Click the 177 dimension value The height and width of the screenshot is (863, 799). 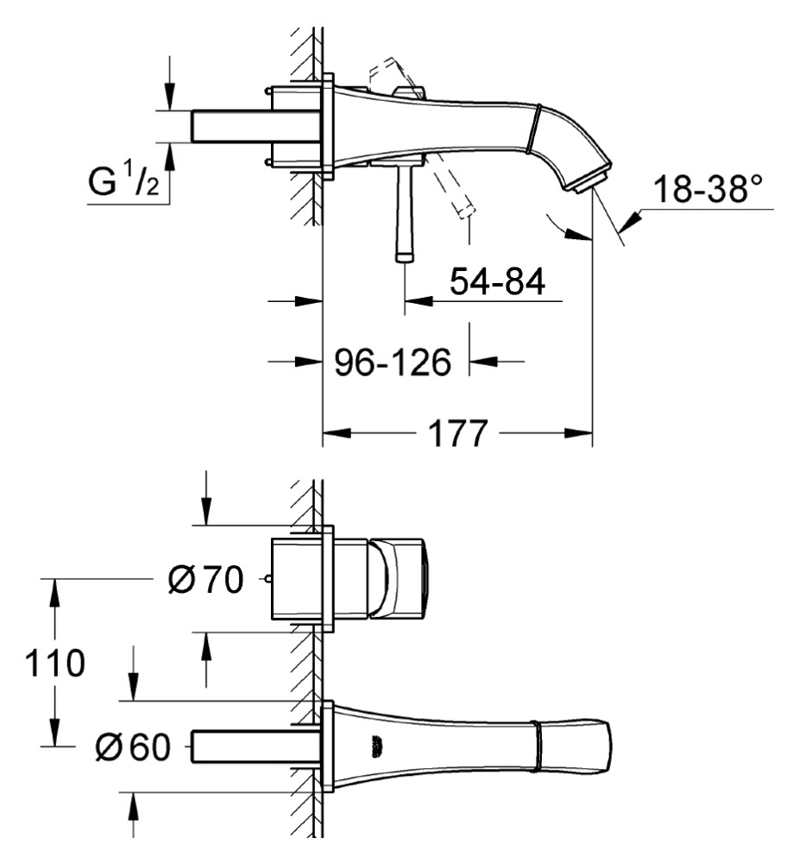[x=456, y=433]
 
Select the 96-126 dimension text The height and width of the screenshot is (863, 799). [x=393, y=362]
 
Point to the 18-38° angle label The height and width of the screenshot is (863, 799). [x=709, y=189]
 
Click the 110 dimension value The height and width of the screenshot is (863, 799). [x=54, y=664]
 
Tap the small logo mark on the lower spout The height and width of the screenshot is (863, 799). [x=376, y=743]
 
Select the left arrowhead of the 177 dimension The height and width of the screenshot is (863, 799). [x=331, y=432]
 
